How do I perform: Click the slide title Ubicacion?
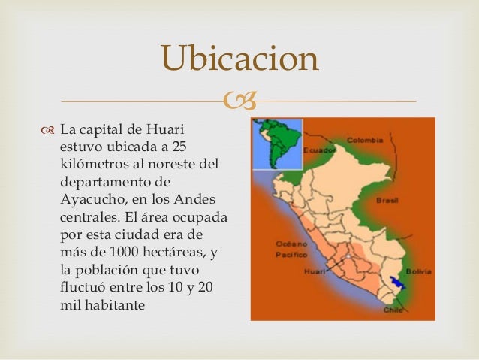(239, 59)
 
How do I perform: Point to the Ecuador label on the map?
(318, 150)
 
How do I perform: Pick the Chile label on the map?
(393, 309)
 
